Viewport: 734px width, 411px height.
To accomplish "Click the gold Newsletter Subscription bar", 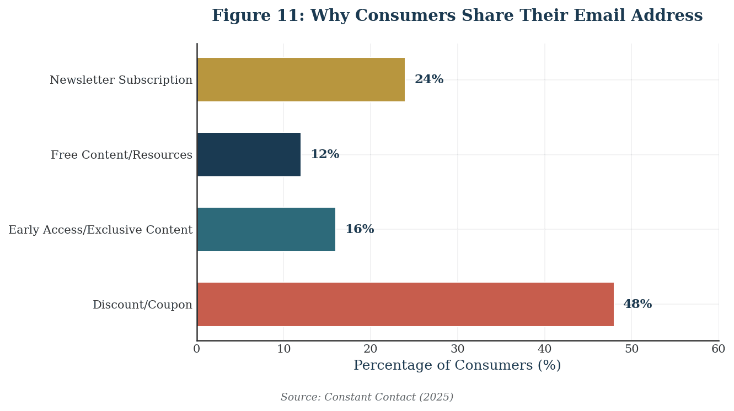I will (x=301, y=80).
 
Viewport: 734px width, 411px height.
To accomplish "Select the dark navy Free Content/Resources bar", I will (x=249, y=155).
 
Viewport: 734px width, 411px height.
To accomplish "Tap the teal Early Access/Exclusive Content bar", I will (x=266, y=230).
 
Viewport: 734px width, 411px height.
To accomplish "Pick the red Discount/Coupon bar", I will (x=405, y=305).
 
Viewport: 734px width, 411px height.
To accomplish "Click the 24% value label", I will (x=428, y=80).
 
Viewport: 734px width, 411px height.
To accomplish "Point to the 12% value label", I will (x=325, y=155).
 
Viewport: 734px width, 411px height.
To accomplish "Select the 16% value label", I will (x=360, y=230).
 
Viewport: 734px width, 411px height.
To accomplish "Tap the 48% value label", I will (x=637, y=305).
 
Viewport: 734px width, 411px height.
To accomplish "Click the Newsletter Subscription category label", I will (x=121, y=80).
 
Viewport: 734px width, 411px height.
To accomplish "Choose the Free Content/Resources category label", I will (x=121, y=155).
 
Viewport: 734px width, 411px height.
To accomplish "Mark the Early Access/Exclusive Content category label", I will (x=100, y=230).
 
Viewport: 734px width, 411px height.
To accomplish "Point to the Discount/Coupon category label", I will (x=142, y=305).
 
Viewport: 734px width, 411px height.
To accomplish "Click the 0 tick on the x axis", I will (x=197, y=349).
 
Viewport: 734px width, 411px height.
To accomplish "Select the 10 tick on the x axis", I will (x=283, y=349).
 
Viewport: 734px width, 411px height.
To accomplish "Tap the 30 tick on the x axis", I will (x=457, y=349).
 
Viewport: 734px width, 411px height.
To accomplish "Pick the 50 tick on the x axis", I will (x=631, y=349).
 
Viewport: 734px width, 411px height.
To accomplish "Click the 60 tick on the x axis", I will (x=718, y=349).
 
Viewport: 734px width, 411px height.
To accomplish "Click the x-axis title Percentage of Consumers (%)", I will (x=457, y=366).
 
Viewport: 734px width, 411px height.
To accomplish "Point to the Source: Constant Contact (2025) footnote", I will (x=367, y=397).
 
